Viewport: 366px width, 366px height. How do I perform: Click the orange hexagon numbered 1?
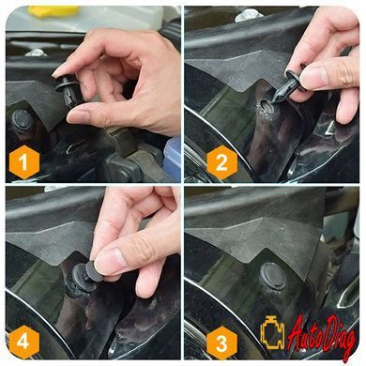(24, 162)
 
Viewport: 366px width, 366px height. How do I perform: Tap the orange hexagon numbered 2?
(222, 162)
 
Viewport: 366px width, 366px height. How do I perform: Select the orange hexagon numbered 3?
(221, 343)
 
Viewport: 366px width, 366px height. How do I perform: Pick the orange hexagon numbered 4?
(24, 343)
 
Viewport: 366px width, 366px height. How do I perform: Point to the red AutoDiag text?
(322, 336)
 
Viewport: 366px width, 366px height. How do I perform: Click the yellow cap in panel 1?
(53, 11)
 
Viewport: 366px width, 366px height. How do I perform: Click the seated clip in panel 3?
(273, 276)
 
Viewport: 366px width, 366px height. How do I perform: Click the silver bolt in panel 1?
(36, 53)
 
